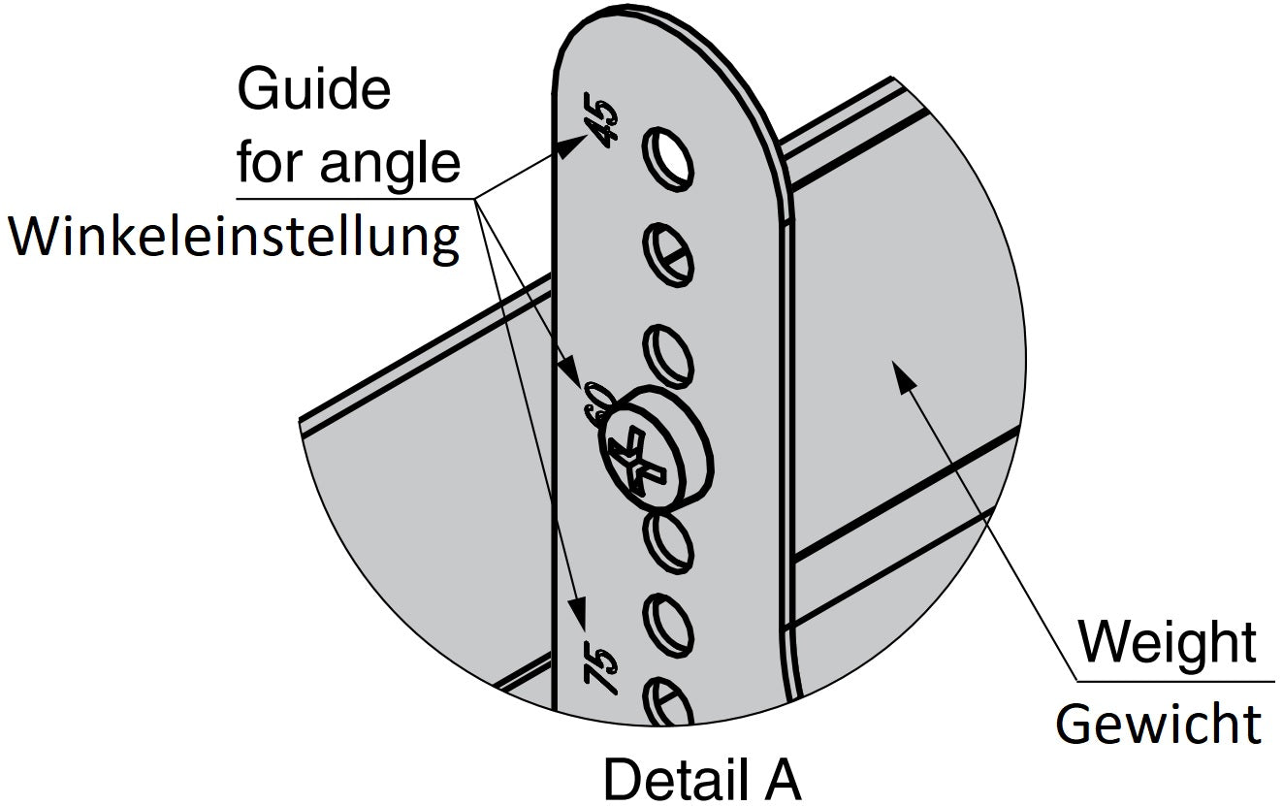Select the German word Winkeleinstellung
coord(234,236)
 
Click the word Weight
coord(1168,642)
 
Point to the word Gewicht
coord(1159,723)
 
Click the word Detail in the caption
coord(665,779)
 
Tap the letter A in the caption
coord(781,779)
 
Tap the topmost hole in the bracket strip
coord(670,156)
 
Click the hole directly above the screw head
coord(669,352)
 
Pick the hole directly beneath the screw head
coord(669,539)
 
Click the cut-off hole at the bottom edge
coord(669,702)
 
